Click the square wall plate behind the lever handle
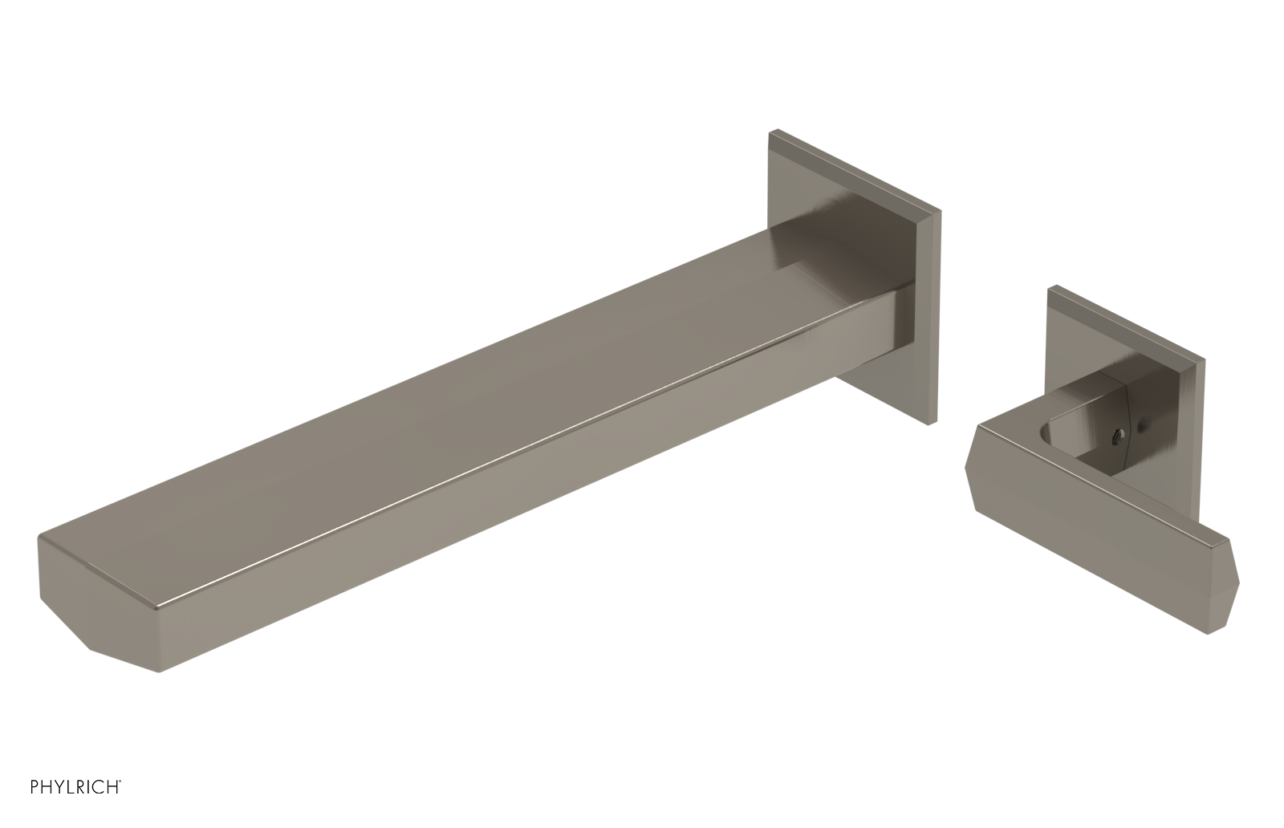(x=1123, y=337)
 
